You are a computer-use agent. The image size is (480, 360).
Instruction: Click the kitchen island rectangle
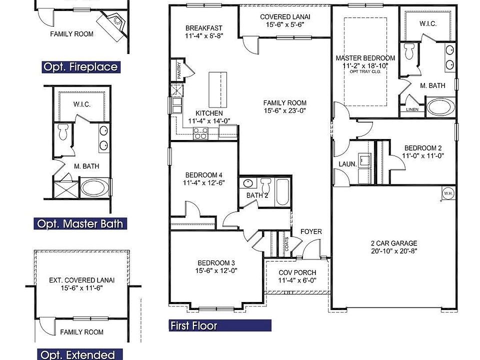[217, 90]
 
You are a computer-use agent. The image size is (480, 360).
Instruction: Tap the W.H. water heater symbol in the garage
[448, 193]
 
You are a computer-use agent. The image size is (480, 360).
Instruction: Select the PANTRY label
[179, 70]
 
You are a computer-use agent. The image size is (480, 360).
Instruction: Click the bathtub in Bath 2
[282, 192]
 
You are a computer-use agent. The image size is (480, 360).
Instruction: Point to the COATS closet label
[286, 244]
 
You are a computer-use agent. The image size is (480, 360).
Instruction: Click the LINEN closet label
[412, 109]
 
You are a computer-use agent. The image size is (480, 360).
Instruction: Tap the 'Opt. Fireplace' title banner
[81, 67]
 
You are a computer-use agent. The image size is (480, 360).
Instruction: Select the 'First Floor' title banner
[220, 325]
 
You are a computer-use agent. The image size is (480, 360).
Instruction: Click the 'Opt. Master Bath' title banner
[80, 224]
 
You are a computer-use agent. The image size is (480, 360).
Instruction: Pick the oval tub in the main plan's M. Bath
[440, 107]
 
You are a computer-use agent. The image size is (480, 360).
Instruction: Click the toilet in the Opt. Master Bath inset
[63, 131]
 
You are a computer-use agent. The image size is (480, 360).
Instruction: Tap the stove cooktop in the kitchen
[200, 134]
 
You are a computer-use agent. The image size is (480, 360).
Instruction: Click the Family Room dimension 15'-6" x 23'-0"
[285, 110]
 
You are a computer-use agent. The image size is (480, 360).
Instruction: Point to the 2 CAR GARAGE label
[394, 243]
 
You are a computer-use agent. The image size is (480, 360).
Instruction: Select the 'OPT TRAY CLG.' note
[365, 71]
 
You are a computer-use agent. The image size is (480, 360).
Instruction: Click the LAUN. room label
[348, 164]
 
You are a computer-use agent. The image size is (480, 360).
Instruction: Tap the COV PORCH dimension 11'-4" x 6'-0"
[297, 280]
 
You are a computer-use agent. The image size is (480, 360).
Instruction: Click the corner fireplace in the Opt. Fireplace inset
[113, 25]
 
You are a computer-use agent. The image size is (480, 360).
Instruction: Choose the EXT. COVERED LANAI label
[81, 280]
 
